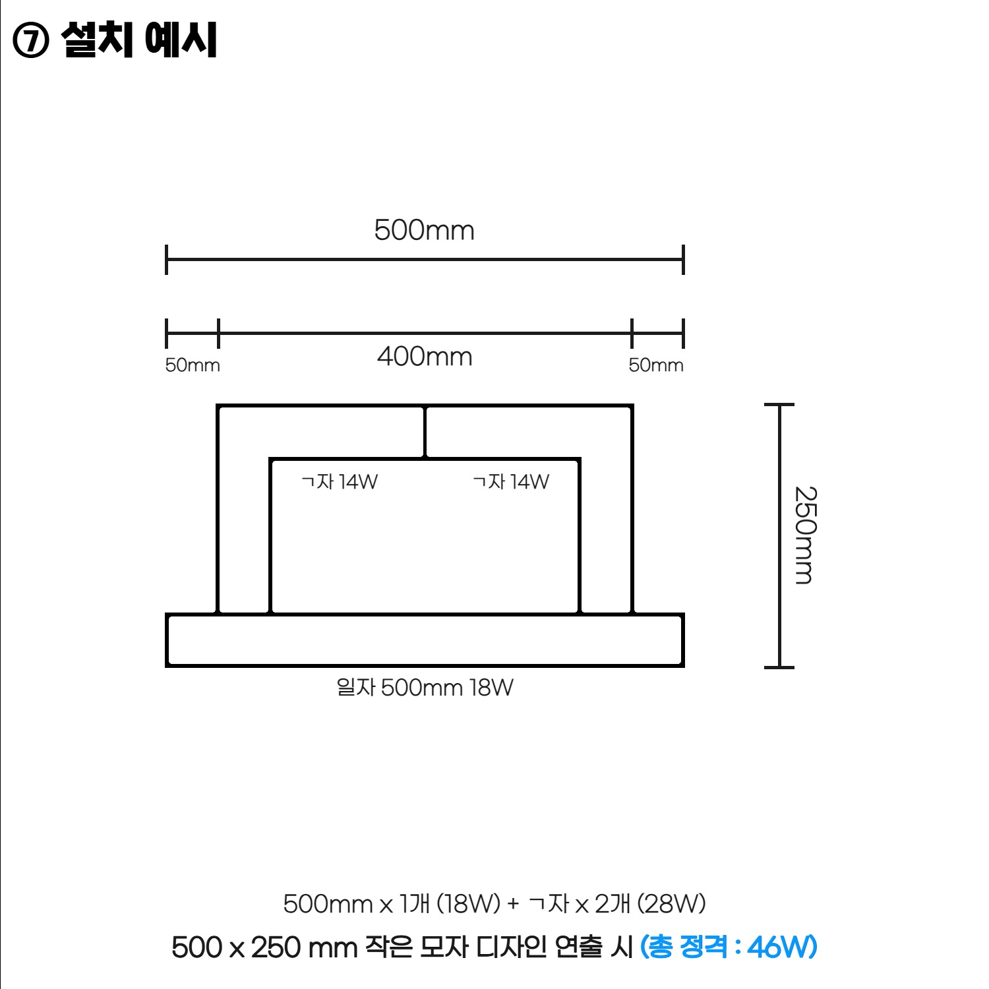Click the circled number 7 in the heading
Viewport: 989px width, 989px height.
(30, 42)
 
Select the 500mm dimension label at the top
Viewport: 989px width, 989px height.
(424, 230)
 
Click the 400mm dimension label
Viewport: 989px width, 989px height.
(425, 357)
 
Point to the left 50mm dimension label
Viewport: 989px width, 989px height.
(193, 365)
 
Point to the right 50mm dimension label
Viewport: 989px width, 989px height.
(656, 365)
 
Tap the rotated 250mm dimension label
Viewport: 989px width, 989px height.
(805, 535)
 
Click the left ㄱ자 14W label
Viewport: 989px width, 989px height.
(340, 482)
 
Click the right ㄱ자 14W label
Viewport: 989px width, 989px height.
(511, 482)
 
